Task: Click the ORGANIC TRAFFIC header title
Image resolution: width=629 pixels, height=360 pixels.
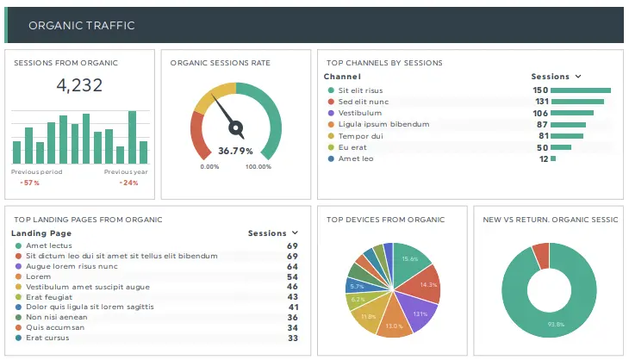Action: tap(82, 25)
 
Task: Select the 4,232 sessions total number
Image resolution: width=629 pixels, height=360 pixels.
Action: tap(79, 84)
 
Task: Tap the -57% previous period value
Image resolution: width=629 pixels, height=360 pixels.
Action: tap(30, 183)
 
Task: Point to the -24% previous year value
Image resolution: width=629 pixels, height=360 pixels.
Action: tap(129, 183)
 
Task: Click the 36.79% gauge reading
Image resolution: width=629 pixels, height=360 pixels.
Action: tap(235, 151)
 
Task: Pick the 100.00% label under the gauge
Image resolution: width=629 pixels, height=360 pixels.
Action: tap(258, 166)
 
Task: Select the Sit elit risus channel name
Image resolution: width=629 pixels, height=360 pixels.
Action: tap(360, 90)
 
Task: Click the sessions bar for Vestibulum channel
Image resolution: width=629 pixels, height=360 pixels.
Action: tap(571, 113)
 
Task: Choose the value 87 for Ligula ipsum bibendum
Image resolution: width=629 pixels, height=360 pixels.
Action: tap(542, 124)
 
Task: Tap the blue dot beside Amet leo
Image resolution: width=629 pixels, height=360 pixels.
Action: tap(330, 158)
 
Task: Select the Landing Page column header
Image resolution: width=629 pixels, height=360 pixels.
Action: tap(41, 233)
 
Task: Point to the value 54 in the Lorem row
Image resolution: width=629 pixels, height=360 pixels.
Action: tap(292, 276)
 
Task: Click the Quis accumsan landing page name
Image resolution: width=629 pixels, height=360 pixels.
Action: tap(55, 327)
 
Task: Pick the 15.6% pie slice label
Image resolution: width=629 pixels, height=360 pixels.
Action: tap(410, 258)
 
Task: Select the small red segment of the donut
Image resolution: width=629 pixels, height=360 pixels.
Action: tap(540, 254)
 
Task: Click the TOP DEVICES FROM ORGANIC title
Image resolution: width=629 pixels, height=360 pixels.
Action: tap(385, 220)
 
